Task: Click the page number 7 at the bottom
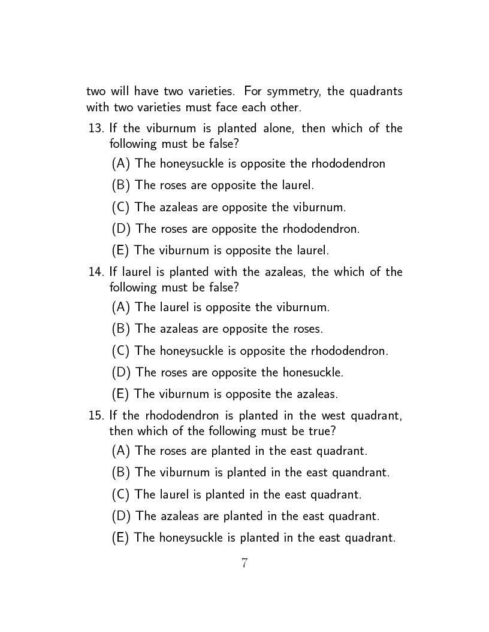[244, 563]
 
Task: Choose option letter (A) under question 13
[121, 163]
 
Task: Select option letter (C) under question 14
[121, 351]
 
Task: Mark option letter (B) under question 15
[121, 472]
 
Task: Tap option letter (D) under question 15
[121, 516]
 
